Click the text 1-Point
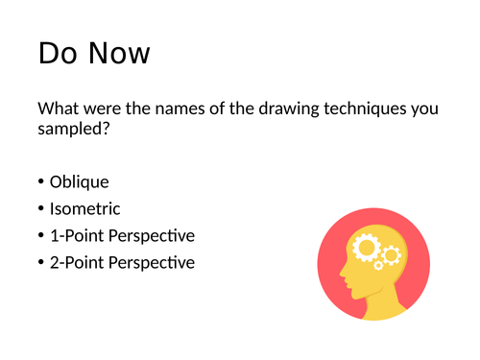point(75,235)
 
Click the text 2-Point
point(75,262)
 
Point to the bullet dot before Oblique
point(41,182)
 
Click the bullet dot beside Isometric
point(41,208)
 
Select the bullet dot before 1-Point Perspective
point(41,235)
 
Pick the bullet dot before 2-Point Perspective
point(41,262)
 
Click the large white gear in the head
point(367,249)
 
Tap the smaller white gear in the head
point(391,255)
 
